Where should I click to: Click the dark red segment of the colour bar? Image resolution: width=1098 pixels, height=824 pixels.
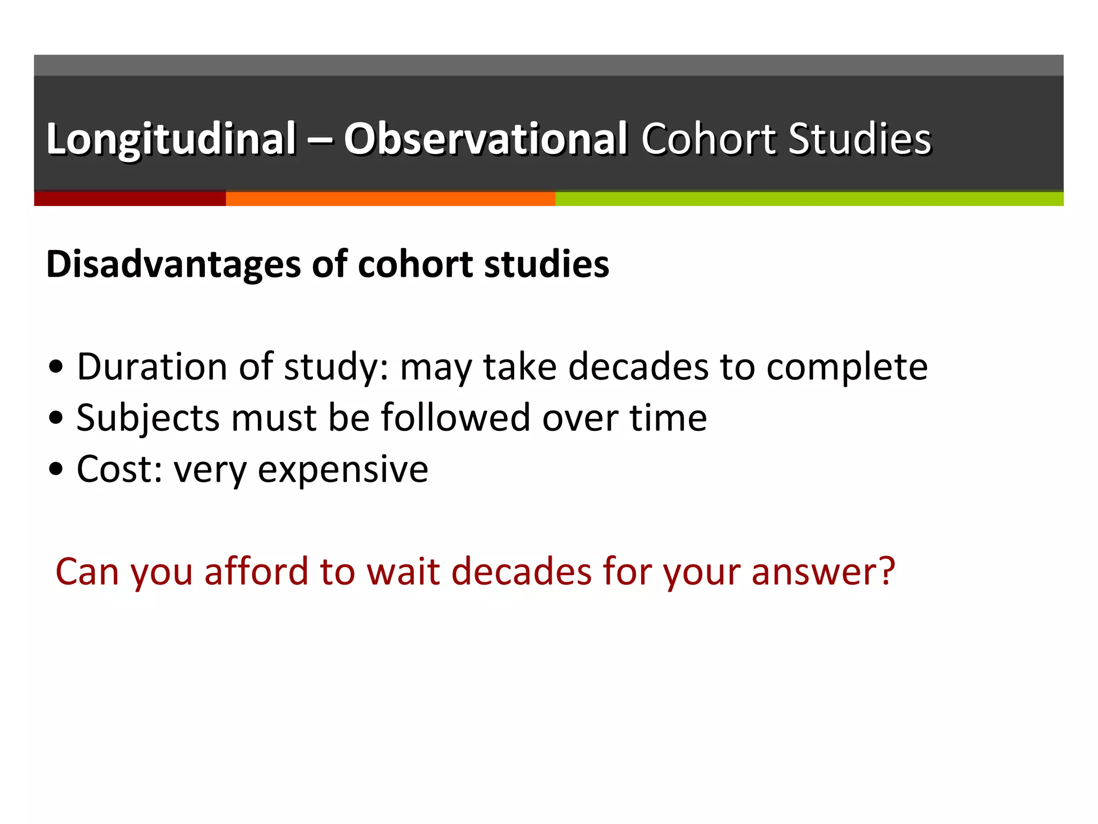pos(130,198)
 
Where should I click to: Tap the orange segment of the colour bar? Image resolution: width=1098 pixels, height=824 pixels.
pos(390,198)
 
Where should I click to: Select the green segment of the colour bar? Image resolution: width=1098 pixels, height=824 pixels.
pos(809,198)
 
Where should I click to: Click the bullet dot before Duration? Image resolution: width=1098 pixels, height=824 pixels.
pos(56,367)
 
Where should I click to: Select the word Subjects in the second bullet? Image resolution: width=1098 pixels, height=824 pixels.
pos(148,418)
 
